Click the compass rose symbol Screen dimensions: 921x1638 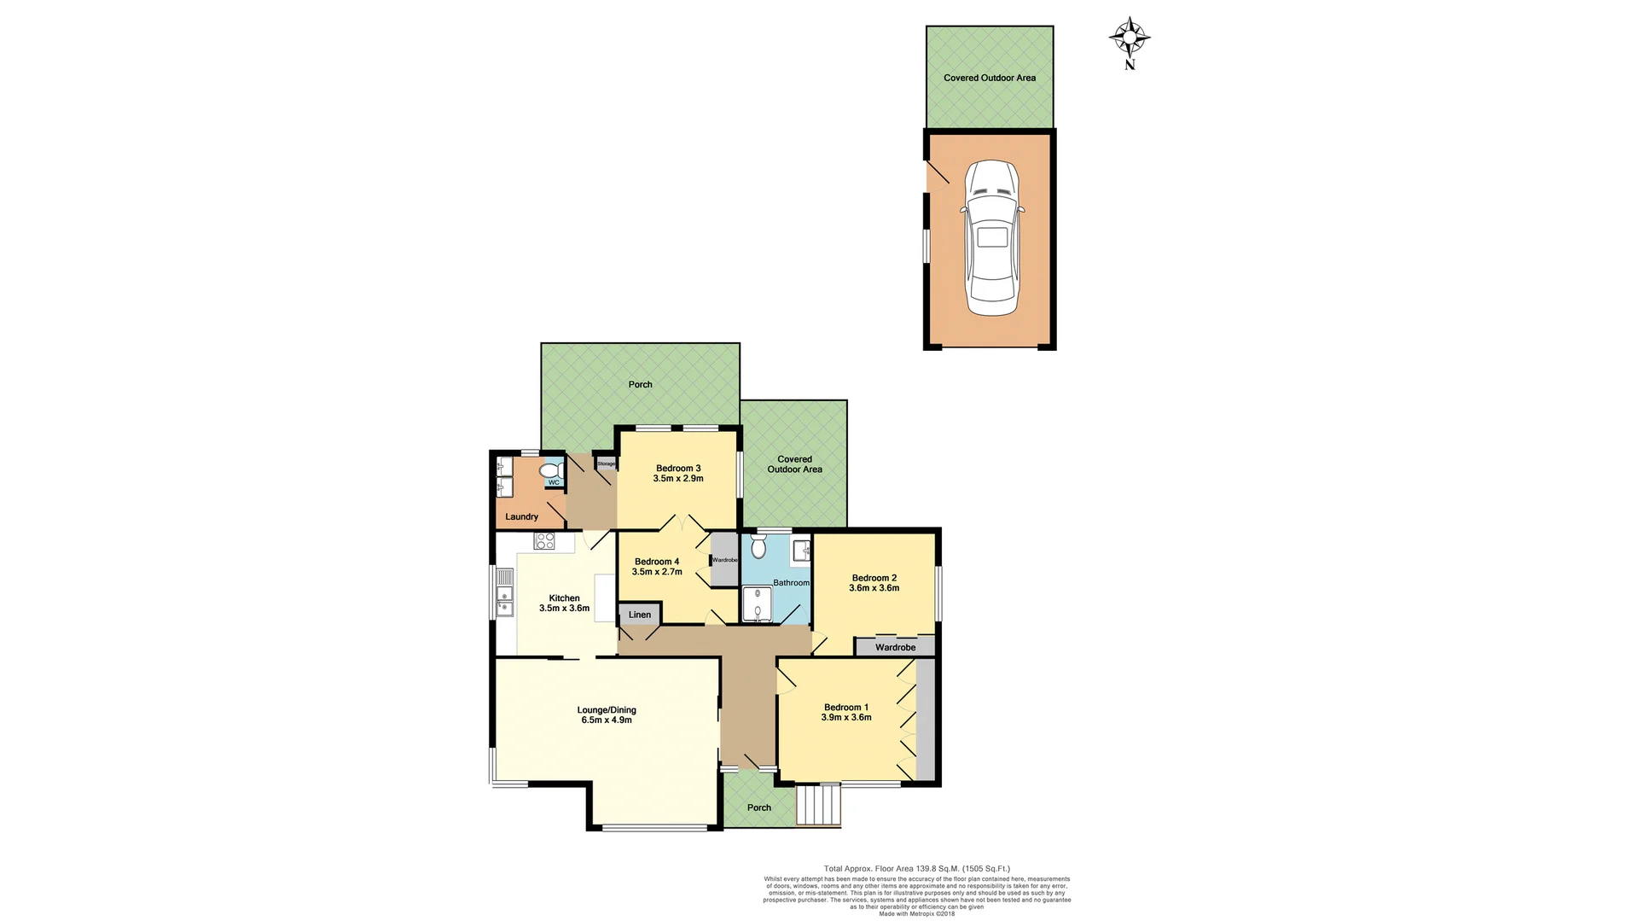[1130, 38]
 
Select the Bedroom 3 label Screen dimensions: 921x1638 [678, 468]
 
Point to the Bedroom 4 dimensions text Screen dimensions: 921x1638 [657, 572]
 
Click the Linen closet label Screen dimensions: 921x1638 [640, 615]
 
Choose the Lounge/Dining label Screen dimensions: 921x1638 [607, 709]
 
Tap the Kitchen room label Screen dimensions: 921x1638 [564, 598]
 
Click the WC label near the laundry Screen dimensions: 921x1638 [554, 482]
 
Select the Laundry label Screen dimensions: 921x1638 [521, 516]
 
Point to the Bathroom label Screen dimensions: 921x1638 [791, 583]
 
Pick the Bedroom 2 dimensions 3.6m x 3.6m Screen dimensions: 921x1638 [874, 588]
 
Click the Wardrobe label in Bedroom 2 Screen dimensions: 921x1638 [895, 647]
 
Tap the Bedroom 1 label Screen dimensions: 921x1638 [845, 707]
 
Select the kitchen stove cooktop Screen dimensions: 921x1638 [544, 540]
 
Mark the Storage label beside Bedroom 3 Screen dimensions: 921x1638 [606, 463]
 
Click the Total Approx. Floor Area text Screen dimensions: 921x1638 [916, 869]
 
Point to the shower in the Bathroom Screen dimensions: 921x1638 [756, 605]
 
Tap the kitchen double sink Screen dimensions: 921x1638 [505, 602]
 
